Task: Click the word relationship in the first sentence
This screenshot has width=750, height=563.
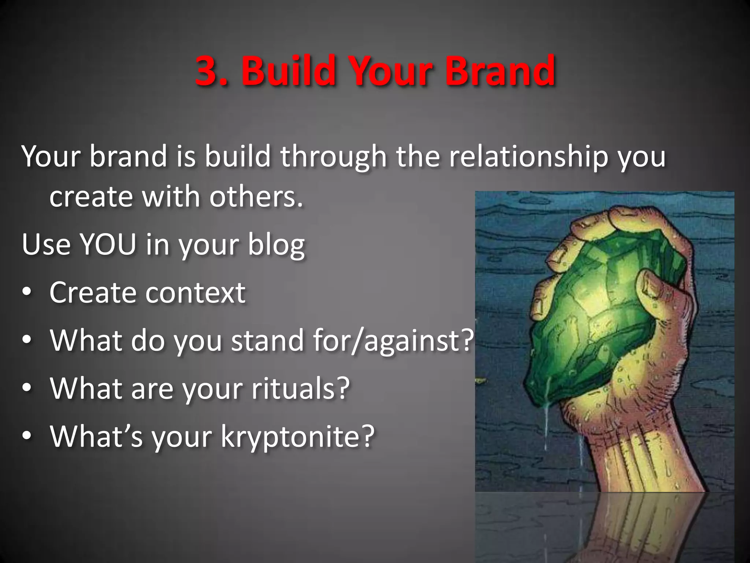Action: tap(528, 157)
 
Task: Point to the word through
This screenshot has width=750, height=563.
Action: tap(334, 157)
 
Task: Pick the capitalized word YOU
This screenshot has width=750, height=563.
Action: tap(108, 244)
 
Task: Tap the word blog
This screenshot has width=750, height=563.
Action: tap(276, 245)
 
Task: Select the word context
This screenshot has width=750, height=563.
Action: tap(196, 293)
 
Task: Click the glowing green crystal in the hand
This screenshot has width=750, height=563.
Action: tap(601, 312)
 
